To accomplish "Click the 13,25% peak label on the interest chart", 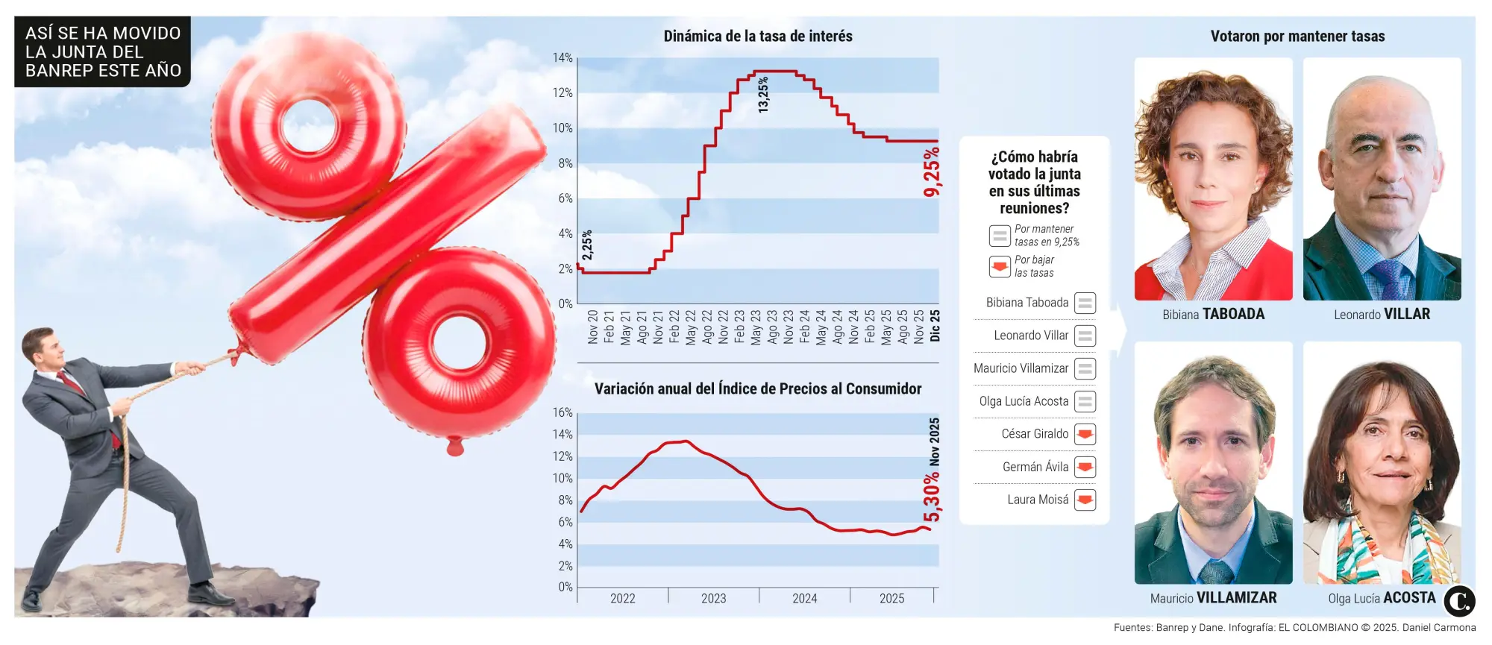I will click(x=762, y=95).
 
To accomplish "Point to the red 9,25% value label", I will click(x=932, y=172).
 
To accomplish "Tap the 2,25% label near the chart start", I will click(x=587, y=245).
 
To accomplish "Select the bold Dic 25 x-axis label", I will click(x=935, y=326).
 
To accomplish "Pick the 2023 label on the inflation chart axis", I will click(x=713, y=599).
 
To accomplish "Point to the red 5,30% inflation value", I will click(x=932, y=497).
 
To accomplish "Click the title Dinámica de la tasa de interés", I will click(x=757, y=36).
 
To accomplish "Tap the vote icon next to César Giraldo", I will click(x=1085, y=434).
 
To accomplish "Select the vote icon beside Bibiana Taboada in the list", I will click(x=1085, y=303).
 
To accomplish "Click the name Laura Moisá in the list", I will click(x=1037, y=500).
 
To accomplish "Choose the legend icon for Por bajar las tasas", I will click(x=1000, y=266).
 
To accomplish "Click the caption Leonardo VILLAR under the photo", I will click(x=1382, y=314).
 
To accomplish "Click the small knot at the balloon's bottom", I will click(x=455, y=447).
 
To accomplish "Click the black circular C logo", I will click(x=1459, y=601).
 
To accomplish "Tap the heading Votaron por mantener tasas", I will click(x=1297, y=36).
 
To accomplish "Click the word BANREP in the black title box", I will click(x=60, y=71).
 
